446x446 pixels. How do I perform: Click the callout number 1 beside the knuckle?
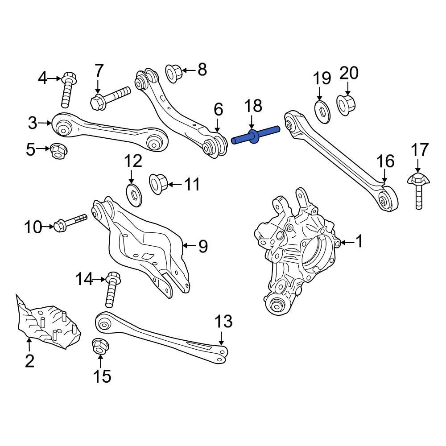coord(359,242)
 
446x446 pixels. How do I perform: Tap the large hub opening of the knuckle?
coord(318,255)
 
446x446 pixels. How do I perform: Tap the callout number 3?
coord(33,123)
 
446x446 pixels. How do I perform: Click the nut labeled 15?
coord(99,347)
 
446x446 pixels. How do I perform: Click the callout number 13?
coord(223,322)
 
